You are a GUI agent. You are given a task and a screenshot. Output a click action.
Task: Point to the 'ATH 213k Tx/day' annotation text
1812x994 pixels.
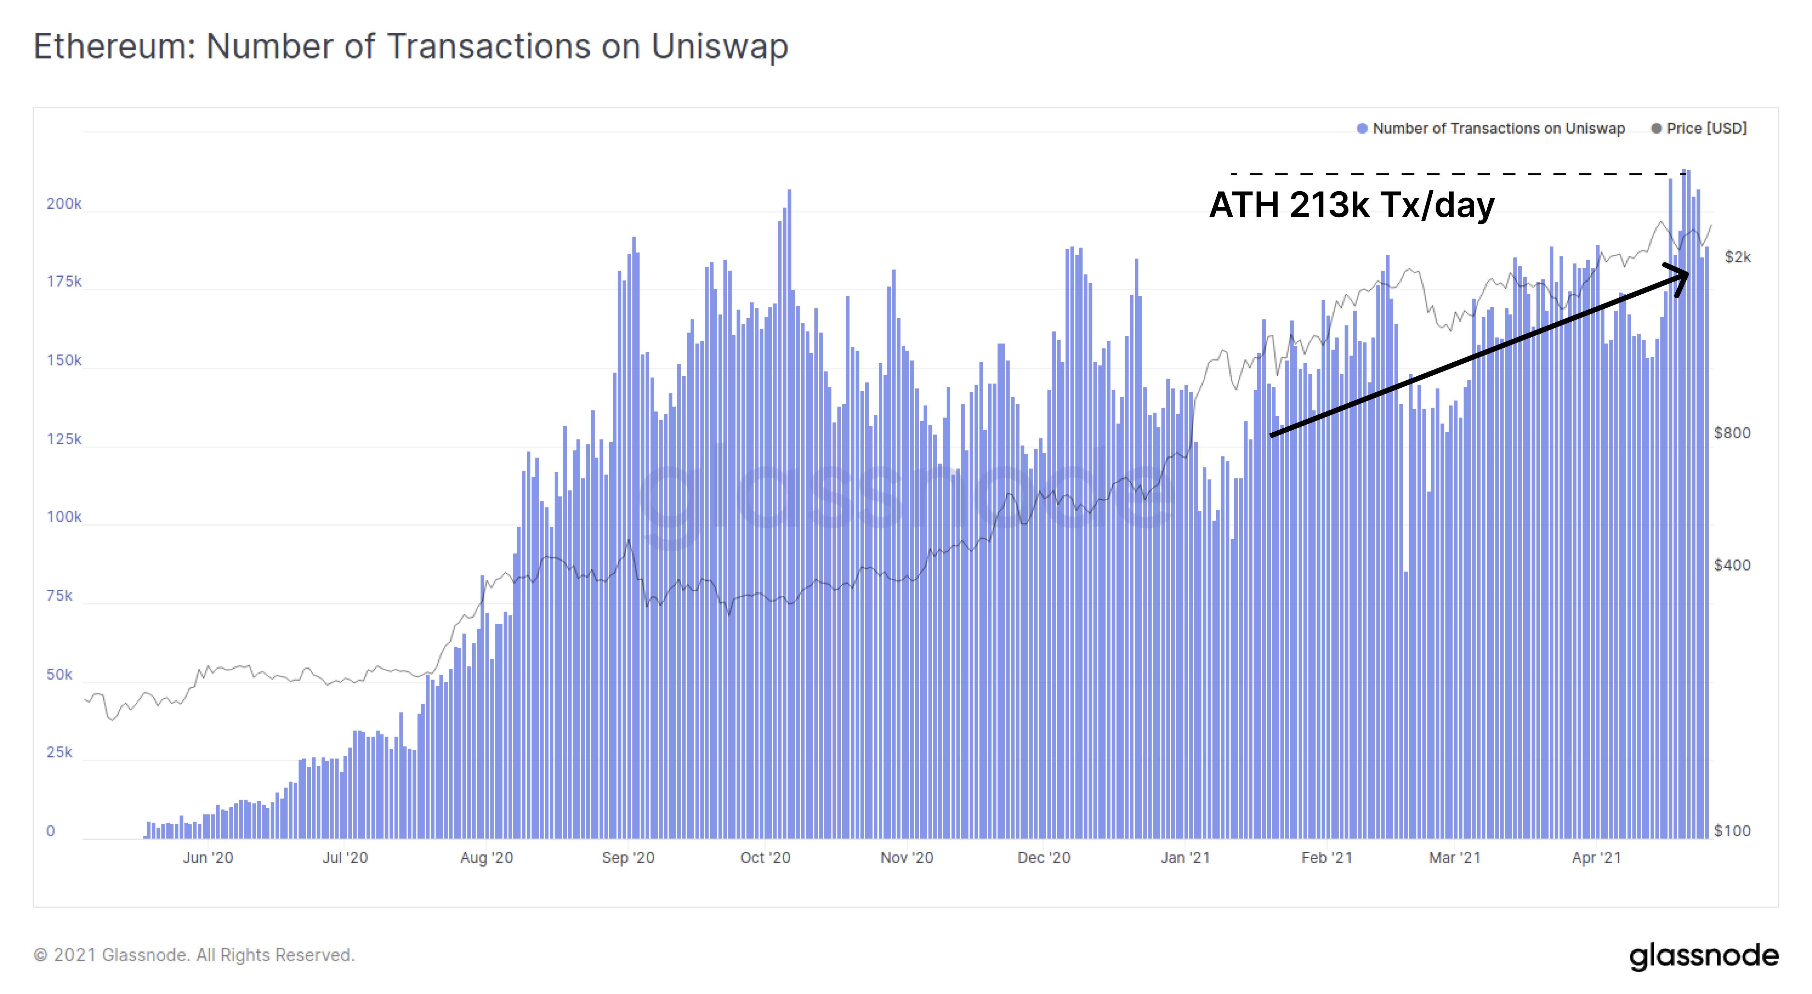pyautogui.click(x=1351, y=206)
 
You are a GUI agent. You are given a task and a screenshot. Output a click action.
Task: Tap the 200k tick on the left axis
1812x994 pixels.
pyautogui.click(x=64, y=204)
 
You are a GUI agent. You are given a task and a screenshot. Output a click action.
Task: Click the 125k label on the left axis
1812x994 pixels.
pyautogui.click(x=64, y=440)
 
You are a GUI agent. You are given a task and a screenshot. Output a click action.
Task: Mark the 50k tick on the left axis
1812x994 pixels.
pyautogui.click(x=60, y=675)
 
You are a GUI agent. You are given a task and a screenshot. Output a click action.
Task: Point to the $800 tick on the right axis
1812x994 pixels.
pyautogui.click(x=1732, y=433)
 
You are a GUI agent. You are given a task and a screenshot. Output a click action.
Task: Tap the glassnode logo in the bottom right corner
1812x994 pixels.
pyautogui.click(x=1704, y=956)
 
